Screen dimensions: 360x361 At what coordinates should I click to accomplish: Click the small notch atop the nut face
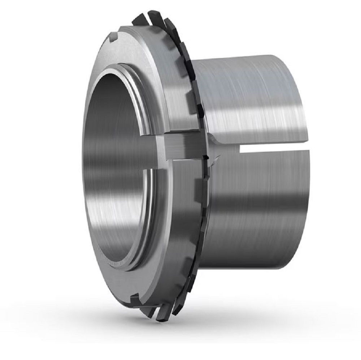click(114, 36)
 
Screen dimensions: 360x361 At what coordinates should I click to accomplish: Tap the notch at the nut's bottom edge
click(135, 299)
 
